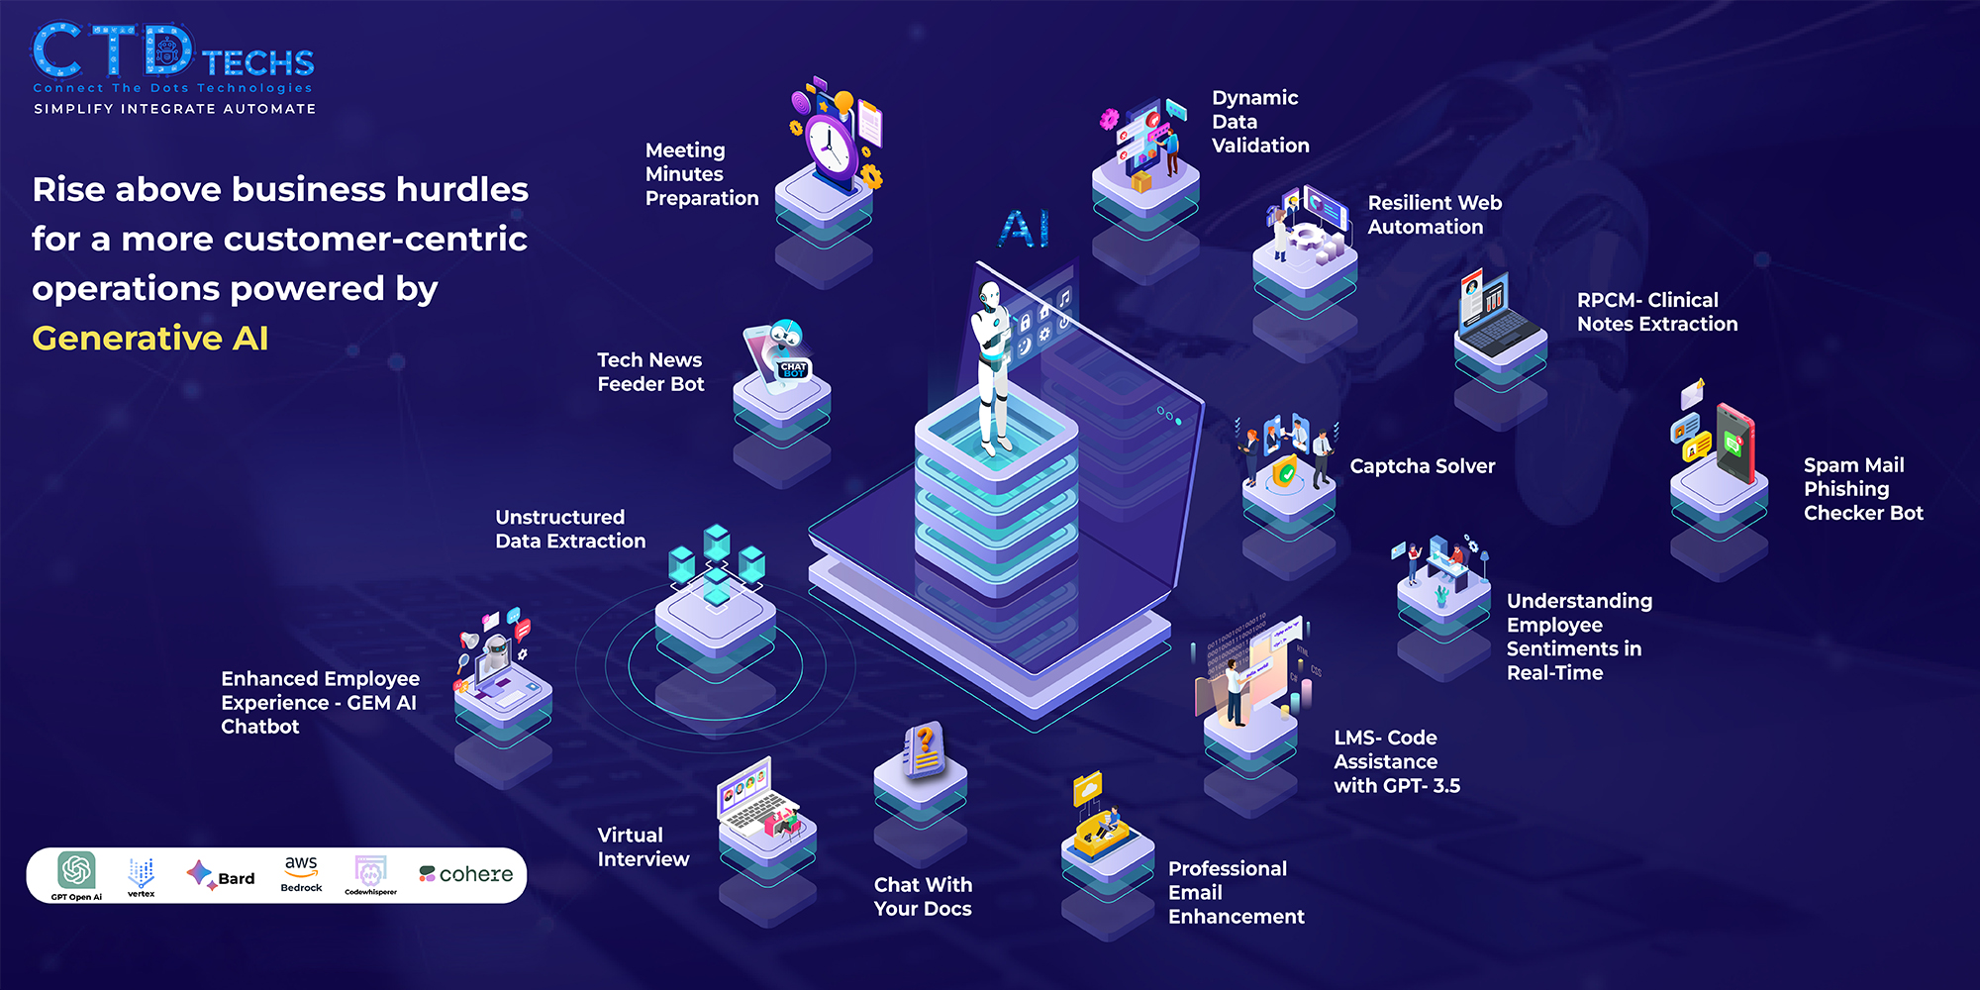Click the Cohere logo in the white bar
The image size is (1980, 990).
coord(466,874)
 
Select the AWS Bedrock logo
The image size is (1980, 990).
coord(301,873)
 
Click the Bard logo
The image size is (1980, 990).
coord(221,875)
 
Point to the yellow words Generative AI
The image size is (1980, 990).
coord(150,339)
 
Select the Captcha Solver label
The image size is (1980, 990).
coord(1422,466)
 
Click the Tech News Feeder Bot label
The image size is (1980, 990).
coord(650,372)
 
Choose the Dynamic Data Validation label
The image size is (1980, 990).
coord(1260,122)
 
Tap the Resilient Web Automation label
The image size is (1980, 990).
coord(1435,215)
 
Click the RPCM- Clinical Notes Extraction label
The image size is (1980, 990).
coord(1656,312)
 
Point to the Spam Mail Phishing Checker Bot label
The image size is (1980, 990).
coord(1862,489)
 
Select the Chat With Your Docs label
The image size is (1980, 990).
coord(923,897)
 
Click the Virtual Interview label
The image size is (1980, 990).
coord(643,847)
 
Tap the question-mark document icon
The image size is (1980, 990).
coord(924,750)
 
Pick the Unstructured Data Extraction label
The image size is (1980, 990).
coord(570,530)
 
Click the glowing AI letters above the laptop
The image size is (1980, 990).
coord(1024,229)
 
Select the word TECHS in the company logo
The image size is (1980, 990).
coord(258,63)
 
